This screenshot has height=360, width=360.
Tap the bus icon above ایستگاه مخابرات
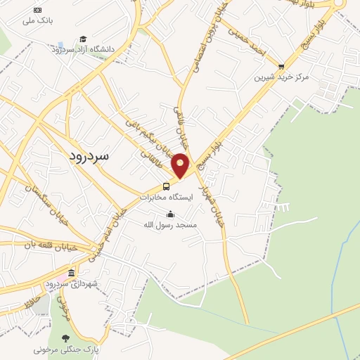pyautogui.click(x=167, y=186)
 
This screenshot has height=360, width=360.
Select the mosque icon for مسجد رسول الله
pyautogui.click(x=170, y=214)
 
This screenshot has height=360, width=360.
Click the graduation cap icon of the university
pyautogui.click(x=83, y=39)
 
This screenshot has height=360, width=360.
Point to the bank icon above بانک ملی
pyautogui.click(x=37, y=11)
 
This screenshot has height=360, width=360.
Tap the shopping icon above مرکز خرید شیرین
pyautogui.click(x=281, y=67)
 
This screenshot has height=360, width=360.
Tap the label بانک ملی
pyautogui.click(x=37, y=21)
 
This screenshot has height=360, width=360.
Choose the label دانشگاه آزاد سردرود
pyautogui.click(x=82, y=49)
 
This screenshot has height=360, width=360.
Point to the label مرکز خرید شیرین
pyautogui.click(x=281, y=77)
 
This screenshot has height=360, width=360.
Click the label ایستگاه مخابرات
pyautogui.click(x=165, y=198)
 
